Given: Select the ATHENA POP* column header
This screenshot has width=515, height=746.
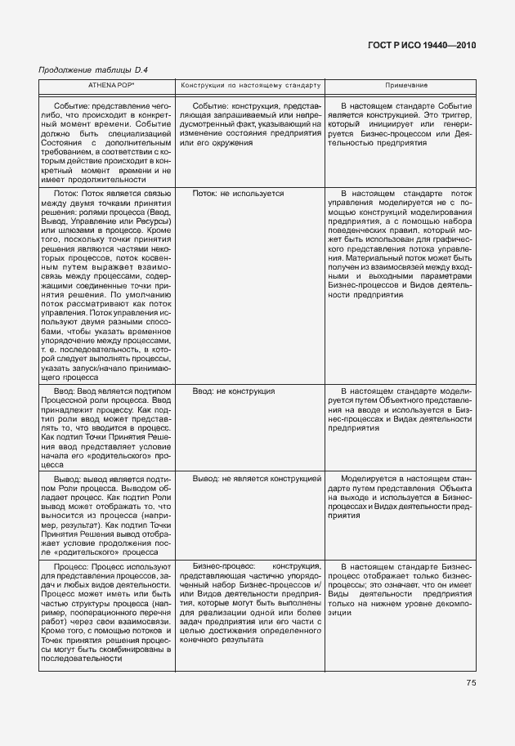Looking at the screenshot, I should pyautogui.click(x=106, y=85).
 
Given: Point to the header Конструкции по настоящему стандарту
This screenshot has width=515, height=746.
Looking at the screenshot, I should pyautogui.click(x=251, y=85).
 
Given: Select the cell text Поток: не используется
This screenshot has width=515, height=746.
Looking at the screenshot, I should pyautogui.click(x=238, y=194).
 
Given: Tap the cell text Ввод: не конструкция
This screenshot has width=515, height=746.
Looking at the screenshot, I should pyautogui.click(x=233, y=392).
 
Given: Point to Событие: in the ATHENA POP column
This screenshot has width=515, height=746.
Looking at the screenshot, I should pyautogui.click(x=71, y=105).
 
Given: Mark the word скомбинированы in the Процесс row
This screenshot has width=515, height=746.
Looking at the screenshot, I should pyautogui.click(x=137, y=650).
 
